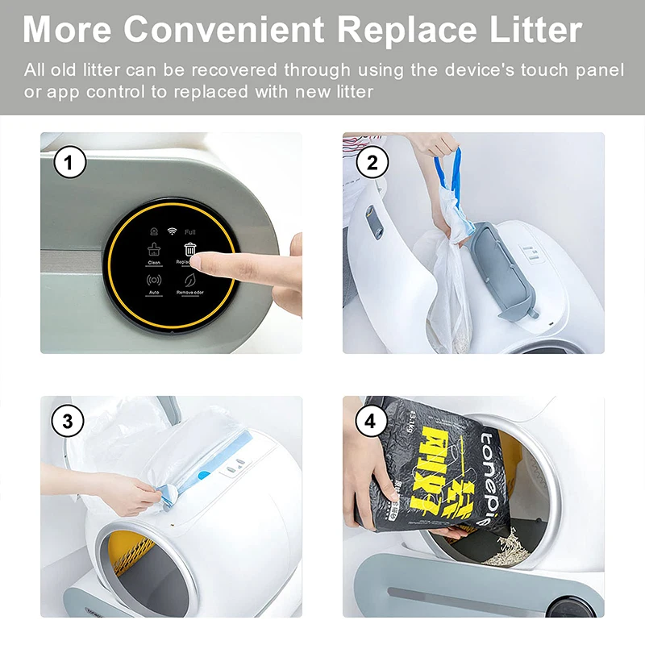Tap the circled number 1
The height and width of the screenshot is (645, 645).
point(69,164)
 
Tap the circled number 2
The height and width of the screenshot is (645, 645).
point(372,164)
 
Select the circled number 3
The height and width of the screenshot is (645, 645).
point(69,421)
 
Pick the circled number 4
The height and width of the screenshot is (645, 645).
point(372,421)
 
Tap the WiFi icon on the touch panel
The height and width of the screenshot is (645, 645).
point(172,231)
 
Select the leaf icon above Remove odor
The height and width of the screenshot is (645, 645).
point(189,281)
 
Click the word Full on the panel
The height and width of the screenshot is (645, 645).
point(190,232)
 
